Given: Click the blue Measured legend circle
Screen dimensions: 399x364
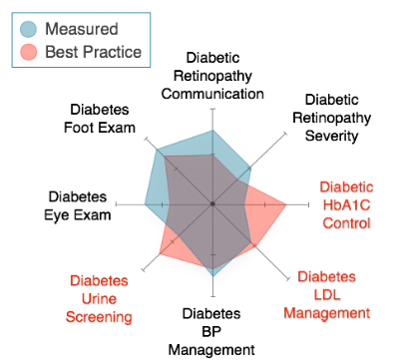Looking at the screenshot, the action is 28,29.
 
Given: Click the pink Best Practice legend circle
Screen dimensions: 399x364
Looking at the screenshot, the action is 28,52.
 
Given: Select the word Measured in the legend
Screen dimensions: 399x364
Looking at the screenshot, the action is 82,29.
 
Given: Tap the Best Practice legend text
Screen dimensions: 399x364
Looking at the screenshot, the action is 93,52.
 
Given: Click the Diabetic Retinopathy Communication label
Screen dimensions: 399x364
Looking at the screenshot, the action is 212,76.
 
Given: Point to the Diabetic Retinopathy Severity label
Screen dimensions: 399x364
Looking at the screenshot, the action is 331,118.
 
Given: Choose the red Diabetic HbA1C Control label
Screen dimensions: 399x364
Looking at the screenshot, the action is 346,204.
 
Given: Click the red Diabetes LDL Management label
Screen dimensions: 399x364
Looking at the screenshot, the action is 327,295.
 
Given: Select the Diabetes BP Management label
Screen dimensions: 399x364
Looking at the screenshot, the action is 211,332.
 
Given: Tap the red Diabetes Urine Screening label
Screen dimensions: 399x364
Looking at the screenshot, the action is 99,299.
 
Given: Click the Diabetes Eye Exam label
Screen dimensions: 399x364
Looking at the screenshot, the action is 78,205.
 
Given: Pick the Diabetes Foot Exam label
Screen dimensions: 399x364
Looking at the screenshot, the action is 100,119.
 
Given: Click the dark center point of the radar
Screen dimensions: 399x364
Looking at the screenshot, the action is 212,204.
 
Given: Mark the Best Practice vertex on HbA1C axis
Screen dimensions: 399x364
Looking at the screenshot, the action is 286,204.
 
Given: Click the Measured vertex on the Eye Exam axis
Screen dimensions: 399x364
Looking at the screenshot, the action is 145,204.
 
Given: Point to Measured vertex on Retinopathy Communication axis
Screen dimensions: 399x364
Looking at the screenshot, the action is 212,131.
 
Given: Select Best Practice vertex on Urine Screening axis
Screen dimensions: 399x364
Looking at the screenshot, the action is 160,254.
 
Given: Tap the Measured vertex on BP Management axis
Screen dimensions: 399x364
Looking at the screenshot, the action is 213,276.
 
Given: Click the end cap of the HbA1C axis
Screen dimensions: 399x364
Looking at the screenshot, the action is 309,204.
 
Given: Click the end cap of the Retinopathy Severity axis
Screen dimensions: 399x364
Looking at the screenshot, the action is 285,134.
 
